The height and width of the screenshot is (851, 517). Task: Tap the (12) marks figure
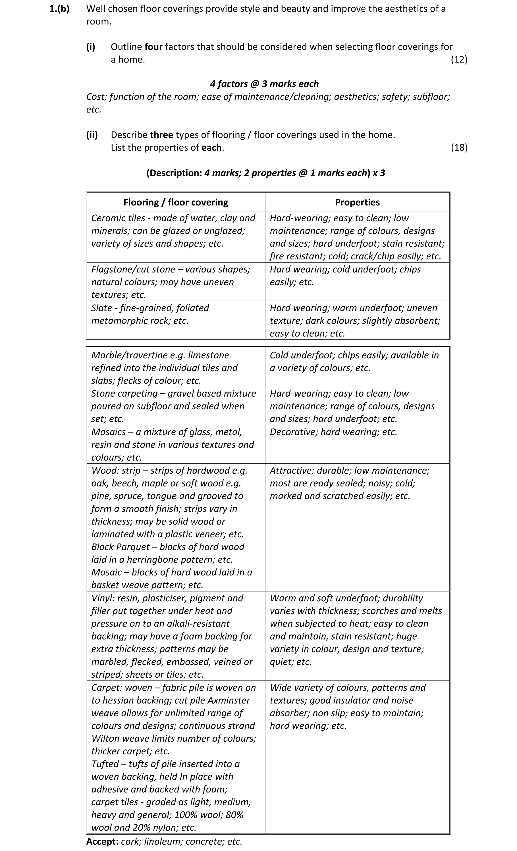click(459, 59)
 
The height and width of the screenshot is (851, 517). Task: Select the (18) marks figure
click(459, 147)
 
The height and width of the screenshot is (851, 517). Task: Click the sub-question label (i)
click(91, 47)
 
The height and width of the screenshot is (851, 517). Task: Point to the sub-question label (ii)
click(92, 135)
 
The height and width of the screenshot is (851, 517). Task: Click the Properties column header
click(357, 202)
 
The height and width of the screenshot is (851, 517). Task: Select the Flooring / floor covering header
click(176, 202)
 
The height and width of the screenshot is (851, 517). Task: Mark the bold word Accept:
click(102, 841)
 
